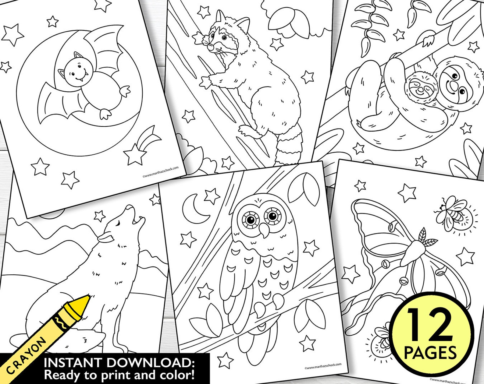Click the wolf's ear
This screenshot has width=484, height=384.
pos(105,238)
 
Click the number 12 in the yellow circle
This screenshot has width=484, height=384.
pos(430,324)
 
